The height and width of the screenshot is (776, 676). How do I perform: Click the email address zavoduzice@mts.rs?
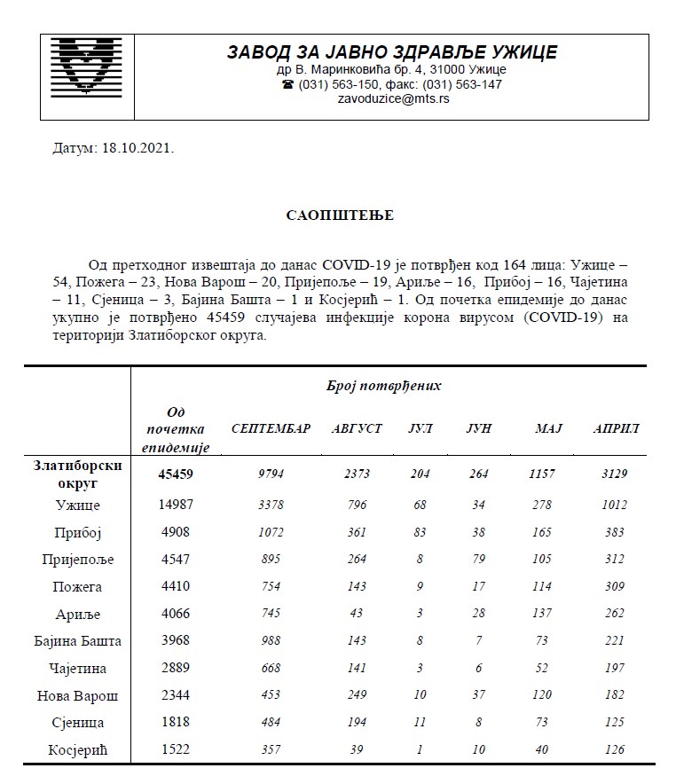coord(393,99)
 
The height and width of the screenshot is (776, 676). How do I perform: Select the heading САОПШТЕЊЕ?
coord(340,216)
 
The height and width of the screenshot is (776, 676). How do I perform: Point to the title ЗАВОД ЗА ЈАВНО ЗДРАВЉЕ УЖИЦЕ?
coord(392,52)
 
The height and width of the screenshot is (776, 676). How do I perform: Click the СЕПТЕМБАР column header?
coord(271,428)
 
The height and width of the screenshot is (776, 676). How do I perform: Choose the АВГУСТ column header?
coord(357,428)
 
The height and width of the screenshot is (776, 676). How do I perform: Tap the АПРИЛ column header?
coord(616,428)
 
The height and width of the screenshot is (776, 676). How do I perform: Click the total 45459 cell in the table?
coord(176,474)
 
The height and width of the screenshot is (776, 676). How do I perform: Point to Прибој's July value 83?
coord(420,533)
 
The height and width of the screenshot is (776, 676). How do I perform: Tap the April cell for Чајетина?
coord(610,668)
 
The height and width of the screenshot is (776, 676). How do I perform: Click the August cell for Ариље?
coord(357,614)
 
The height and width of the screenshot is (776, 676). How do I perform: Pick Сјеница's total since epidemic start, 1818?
coord(176,723)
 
